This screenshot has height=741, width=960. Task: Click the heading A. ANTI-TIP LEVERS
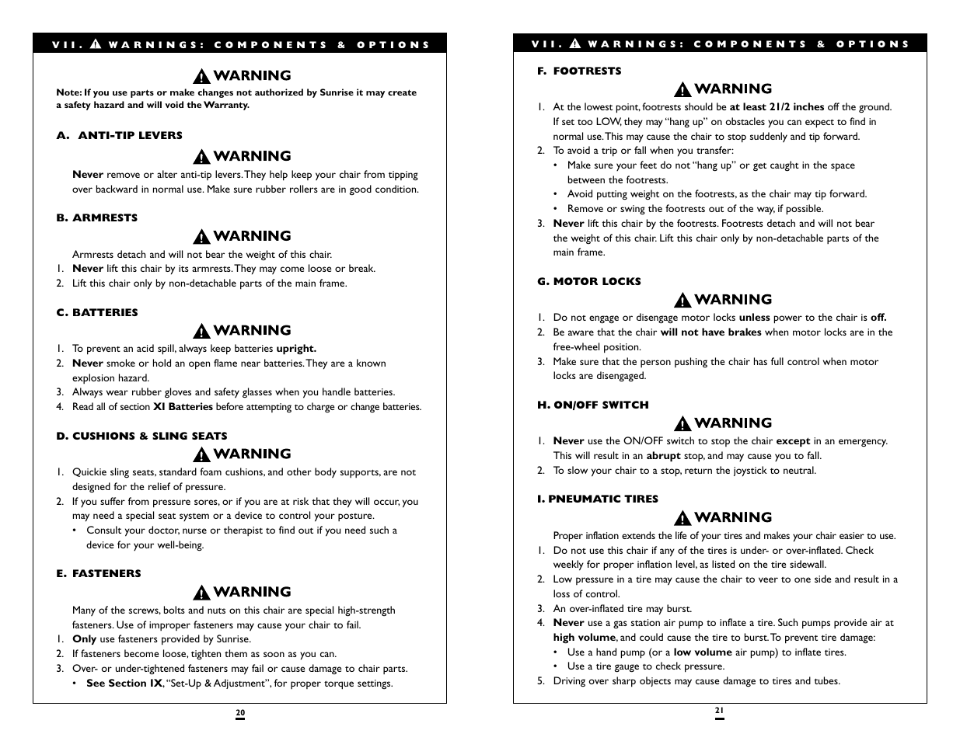(x=119, y=135)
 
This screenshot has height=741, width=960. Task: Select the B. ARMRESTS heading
(x=96, y=217)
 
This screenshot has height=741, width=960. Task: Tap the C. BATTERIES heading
(x=96, y=312)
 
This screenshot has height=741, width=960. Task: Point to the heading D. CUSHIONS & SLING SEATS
(x=141, y=436)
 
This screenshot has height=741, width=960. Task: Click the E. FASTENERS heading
(x=98, y=573)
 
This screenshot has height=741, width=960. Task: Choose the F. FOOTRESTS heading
(x=579, y=71)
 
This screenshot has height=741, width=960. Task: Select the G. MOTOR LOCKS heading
(x=588, y=281)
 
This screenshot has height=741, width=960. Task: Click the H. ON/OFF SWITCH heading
(x=592, y=405)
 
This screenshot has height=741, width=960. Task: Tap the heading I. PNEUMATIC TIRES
(x=597, y=499)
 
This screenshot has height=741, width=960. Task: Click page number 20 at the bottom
(x=240, y=713)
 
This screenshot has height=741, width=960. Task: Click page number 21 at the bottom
(x=719, y=710)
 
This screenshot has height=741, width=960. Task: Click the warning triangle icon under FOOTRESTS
(x=682, y=89)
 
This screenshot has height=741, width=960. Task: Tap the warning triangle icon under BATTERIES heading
(x=202, y=331)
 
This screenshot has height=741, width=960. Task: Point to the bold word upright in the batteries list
(x=295, y=349)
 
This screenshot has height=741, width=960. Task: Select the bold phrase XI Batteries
(x=183, y=407)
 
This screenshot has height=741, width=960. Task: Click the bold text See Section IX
(x=124, y=684)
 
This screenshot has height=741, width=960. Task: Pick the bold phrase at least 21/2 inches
(x=776, y=107)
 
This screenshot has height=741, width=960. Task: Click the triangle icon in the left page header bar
(x=96, y=44)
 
